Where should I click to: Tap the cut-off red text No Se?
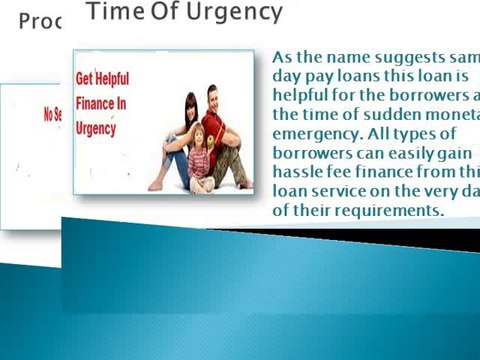coord(52,115)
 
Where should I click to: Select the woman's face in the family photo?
coord(190,106)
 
